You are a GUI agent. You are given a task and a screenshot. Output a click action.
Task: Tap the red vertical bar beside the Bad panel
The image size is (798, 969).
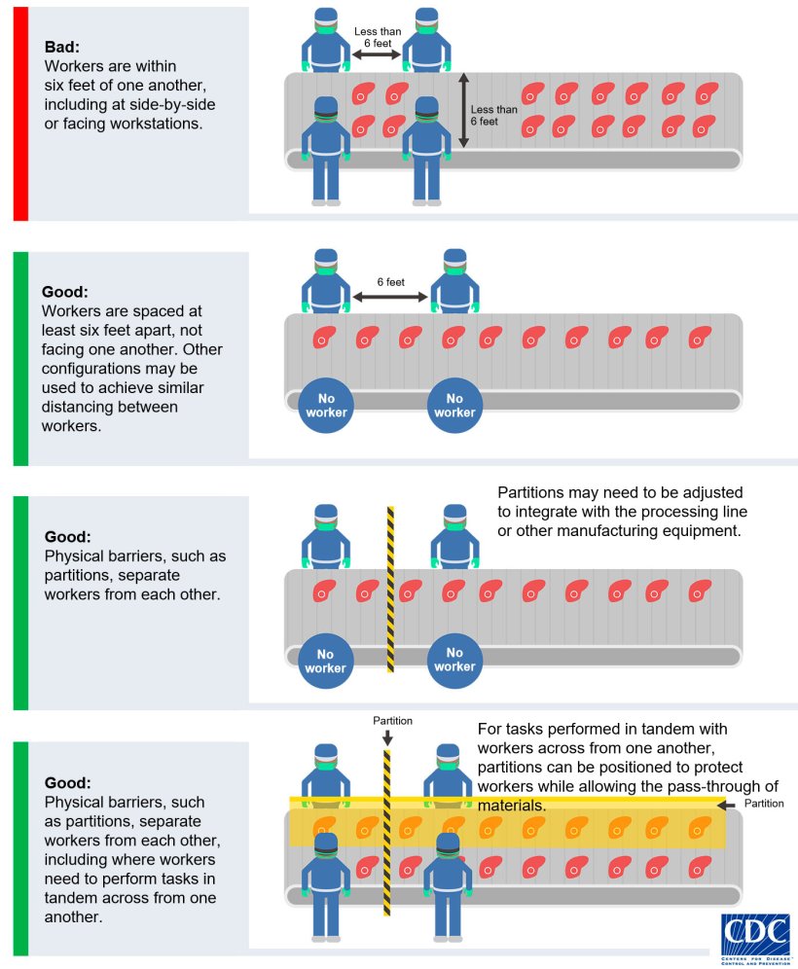pyautogui.click(x=20, y=113)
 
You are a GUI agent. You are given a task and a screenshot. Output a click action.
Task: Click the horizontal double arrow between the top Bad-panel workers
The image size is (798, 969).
pyautogui.click(x=377, y=56)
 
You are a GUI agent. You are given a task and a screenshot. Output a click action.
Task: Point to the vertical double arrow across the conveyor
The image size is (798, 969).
pyautogui.click(x=463, y=110)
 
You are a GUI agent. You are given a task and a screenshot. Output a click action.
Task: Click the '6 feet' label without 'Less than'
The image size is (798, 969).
pyautogui.click(x=390, y=282)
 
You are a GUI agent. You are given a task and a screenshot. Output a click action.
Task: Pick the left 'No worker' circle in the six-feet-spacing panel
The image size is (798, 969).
pyautogui.click(x=325, y=405)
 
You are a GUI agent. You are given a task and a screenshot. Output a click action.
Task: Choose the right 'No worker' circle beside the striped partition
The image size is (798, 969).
pyautogui.click(x=454, y=660)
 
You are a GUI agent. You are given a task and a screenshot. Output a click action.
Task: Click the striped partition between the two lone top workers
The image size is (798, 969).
pyautogui.click(x=390, y=589)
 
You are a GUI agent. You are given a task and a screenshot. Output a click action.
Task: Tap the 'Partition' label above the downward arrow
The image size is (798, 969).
pyautogui.click(x=393, y=721)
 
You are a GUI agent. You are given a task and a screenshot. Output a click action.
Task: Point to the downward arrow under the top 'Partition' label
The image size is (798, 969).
pyautogui.click(x=387, y=737)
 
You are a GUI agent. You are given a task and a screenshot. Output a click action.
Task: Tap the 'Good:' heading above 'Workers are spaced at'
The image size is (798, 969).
pyautogui.click(x=65, y=291)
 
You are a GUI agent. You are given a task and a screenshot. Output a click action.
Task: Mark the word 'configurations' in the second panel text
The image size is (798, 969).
pyautogui.click(x=90, y=368)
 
